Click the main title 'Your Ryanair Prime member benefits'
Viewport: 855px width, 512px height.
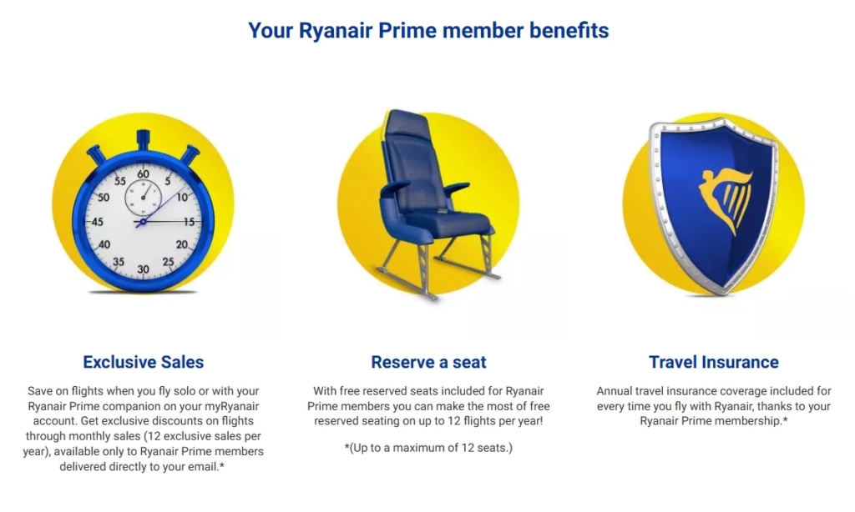coord(427,32)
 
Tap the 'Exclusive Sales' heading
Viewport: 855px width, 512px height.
coord(144,362)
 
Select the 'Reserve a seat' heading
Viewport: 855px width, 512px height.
coord(428,362)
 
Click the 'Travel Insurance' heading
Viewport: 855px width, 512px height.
coord(713,362)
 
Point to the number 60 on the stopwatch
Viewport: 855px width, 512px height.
coord(143,174)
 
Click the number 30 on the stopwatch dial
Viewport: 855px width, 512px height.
coord(143,269)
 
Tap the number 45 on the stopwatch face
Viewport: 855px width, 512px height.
coord(97,222)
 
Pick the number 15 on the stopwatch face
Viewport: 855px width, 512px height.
coord(189,222)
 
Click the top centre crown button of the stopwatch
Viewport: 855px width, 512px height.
coord(143,138)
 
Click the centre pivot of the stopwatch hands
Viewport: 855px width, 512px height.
coord(143,223)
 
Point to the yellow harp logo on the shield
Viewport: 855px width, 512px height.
coord(726,200)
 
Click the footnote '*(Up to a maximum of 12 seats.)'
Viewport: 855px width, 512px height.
coord(428,448)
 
